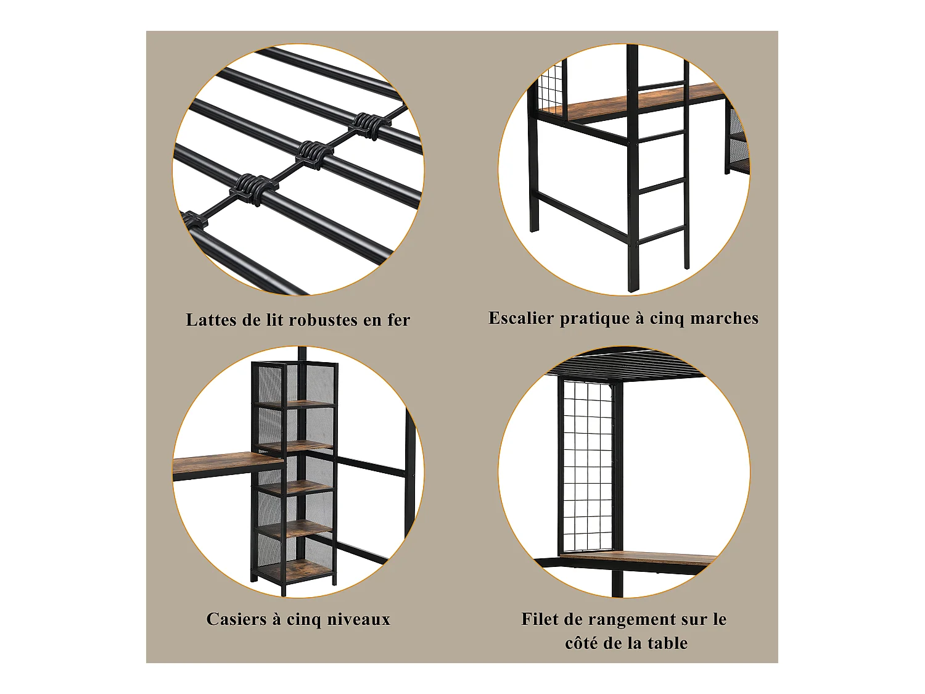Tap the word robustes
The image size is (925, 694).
(323, 320)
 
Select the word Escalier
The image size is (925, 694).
(521, 318)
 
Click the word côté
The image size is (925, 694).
(582, 643)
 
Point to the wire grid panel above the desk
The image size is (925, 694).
(588, 463)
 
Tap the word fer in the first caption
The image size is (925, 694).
(398, 320)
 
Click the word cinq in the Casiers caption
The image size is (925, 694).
(304, 620)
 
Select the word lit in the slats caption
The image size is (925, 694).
(274, 320)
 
